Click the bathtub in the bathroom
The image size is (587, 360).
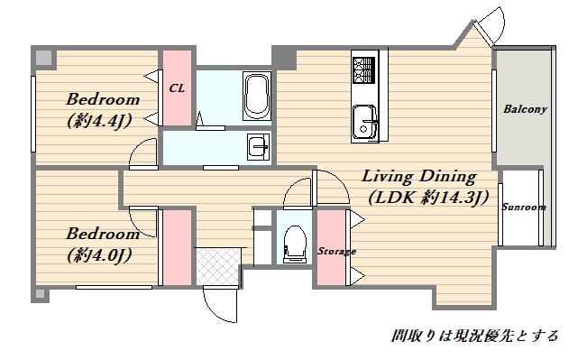click(257, 96)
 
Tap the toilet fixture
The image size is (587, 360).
click(295, 244)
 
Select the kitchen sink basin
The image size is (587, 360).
click(364, 122)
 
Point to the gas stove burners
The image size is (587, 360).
click(363, 69)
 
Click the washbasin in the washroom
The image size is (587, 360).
click(258, 147)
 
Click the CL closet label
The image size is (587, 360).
click(177, 88)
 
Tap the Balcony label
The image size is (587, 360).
click(525, 109)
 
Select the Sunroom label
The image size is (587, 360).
click(523, 208)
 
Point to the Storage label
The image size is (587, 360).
click(336, 251)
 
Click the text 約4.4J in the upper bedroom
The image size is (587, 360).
click(99, 121)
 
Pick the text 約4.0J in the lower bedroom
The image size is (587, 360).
click(99, 255)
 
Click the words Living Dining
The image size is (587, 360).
click(419, 176)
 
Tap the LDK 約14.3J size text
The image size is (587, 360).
click(428, 198)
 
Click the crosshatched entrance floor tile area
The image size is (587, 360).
click(217, 266)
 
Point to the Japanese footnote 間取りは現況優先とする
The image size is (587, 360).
click(474, 336)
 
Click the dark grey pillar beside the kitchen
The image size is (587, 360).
click(284, 58)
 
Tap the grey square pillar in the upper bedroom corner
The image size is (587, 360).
click(44, 58)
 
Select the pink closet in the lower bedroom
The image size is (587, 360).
click(177, 247)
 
